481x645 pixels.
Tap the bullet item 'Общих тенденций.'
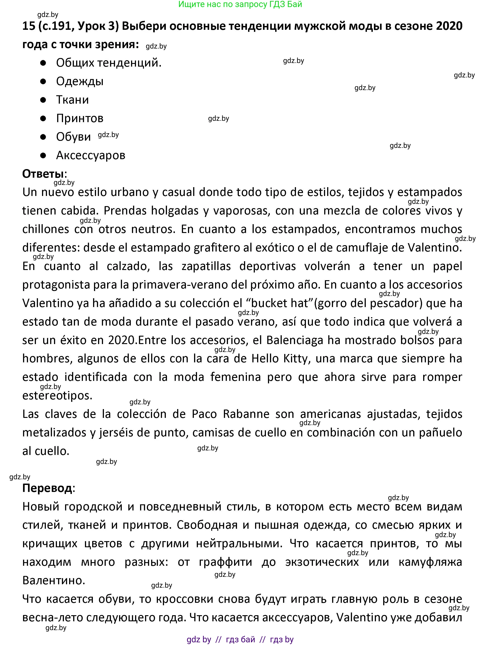[109, 63]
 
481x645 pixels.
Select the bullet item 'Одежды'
[80, 81]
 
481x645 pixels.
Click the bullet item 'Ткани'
[73, 100]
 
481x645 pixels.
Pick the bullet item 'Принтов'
[80, 118]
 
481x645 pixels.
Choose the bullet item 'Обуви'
[73, 137]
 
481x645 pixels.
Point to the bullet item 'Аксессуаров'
[91, 155]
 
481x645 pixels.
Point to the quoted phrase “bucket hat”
[279, 303]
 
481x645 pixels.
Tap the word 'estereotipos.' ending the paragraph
[57, 396]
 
